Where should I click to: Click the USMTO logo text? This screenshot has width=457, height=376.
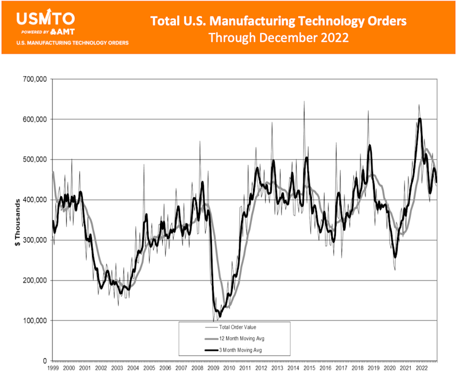coord(38,17)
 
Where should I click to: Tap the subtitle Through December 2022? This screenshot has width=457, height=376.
coord(278,38)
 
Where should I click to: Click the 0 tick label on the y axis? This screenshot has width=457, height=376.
coord(45,361)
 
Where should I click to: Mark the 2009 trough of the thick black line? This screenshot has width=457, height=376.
coord(220,316)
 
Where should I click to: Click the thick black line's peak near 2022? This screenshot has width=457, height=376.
coord(420,119)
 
